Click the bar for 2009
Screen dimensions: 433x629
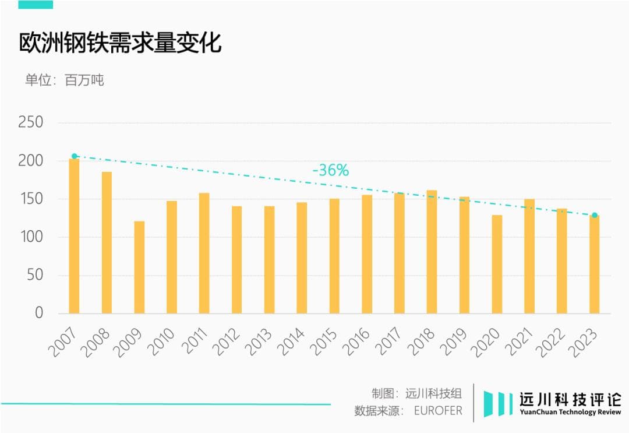139,267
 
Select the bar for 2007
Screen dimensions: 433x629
74,236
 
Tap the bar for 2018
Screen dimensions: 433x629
432,252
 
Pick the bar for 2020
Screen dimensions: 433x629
496,264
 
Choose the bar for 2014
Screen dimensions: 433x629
302,258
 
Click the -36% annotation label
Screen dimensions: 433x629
330,171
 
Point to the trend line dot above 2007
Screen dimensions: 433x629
74,156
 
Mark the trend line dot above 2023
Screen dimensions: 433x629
595,216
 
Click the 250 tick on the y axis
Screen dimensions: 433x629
31,122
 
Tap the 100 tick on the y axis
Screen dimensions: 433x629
31,237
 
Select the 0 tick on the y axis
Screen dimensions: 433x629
39,313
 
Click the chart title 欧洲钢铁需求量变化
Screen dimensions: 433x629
121,43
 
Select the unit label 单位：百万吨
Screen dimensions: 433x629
65,80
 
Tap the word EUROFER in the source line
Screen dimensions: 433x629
438,411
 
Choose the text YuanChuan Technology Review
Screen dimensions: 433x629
570,413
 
